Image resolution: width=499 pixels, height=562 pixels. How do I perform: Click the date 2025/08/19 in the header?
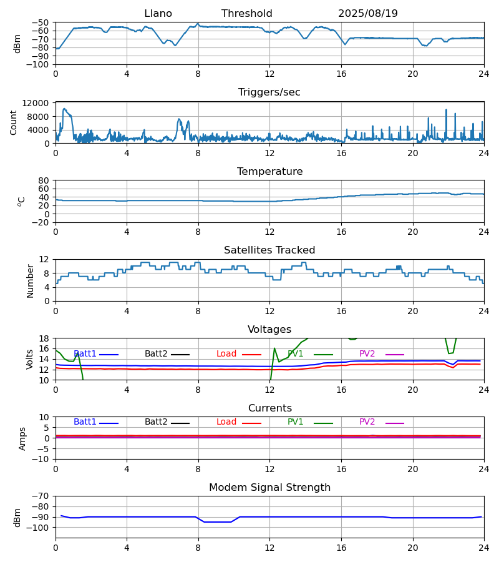click(x=367, y=14)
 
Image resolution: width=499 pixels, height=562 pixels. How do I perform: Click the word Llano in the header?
click(x=158, y=14)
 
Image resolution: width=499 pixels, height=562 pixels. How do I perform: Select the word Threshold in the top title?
click(x=246, y=14)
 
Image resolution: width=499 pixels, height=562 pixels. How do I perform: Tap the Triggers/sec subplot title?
click(x=269, y=92)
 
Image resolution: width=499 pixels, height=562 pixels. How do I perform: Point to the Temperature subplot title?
click(x=269, y=172)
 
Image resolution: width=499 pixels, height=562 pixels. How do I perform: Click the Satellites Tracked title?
click(x=269, y=250)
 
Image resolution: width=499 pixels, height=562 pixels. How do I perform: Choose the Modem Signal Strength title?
click(x=269, y=488)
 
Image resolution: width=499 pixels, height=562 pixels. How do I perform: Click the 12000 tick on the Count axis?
click(x=40, y=104)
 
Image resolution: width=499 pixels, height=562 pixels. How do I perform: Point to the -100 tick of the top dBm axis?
click(x=39, y=64)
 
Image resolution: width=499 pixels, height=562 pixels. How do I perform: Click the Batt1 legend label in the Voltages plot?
click(x=85, y=354)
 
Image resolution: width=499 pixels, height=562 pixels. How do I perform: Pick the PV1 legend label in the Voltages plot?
click(x=296, y=354)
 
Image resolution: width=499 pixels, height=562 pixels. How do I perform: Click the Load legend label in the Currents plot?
click(x=226, y=422)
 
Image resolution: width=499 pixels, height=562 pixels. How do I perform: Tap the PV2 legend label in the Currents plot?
click(x=367, y=422)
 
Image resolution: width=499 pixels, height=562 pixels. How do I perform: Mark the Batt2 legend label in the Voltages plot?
click(x=156, y=354)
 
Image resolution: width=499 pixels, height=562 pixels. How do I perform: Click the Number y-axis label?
click(x=31, y=280)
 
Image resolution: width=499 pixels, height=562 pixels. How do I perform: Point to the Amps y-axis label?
click(x=23, y=438)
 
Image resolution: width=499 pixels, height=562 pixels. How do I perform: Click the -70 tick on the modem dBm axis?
click(x=41, y=496)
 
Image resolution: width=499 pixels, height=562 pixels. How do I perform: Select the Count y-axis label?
click(x=14, y=122)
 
